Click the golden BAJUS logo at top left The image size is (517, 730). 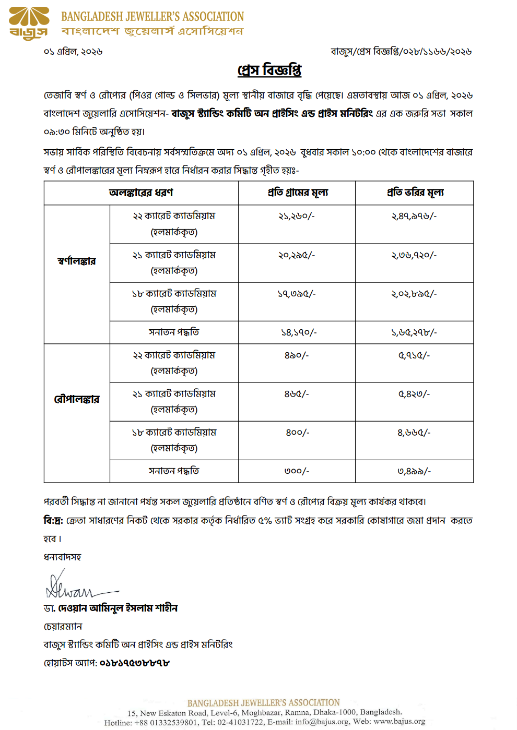pyautogui.click(x=29, y=23)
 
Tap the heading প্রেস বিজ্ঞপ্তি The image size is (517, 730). pyautogui.click(x=269, y=70)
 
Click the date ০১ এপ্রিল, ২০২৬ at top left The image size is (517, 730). pyautogui.click(x=73, y=52)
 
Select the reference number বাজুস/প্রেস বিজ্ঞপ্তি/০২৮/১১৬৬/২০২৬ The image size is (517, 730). pyautogui.click(x=401, y=52)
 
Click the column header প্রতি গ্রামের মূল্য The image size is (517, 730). pyautogui.click(x=298, y=193)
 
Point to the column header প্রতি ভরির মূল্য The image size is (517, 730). pyautogui.click(x=415, y=193)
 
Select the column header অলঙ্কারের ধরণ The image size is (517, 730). pyautogui.click(x=141, y=193)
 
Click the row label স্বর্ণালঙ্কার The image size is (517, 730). pyautogui.click(x=77, y=261)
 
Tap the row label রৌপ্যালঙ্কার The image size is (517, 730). pyautogui.click(x=77, y=399)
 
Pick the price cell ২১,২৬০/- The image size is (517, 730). pyautogui.click(x=297, y=216)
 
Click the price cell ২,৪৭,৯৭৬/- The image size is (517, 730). pyautogui.click(x=414, y=216)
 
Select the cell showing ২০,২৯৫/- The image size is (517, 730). pyautogui.click(x=297, y=255)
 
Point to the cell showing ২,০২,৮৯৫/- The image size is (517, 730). pyautogui.click(x=414, y=294)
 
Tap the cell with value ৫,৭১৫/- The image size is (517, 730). pyautogui.click(x=414, y=355)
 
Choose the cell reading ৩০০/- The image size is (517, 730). pyautogui.click(x=297, y=471)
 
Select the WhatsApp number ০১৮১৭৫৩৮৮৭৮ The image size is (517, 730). pyautogui.click(x=135, y=663)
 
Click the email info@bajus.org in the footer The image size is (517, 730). pyautogui.click(x=322, y=722)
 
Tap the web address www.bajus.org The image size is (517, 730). pyautogui.click(x=399, y=722)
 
